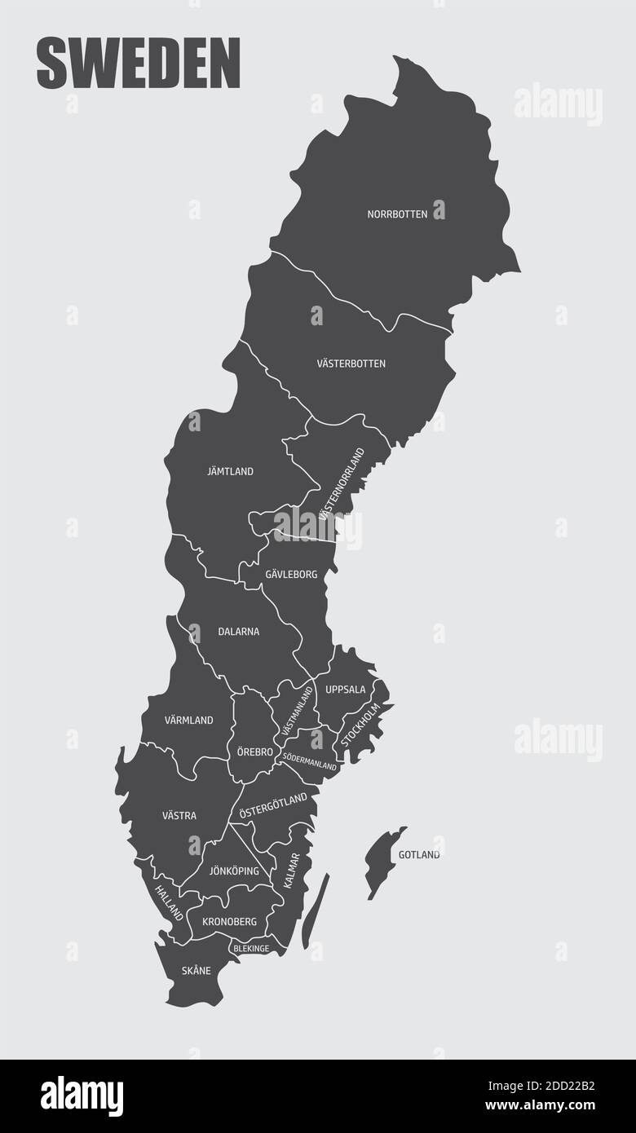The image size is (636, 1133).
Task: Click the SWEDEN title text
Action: tap(139, 64)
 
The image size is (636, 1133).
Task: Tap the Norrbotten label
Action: tap(397, 214)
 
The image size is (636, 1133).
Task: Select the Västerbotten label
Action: tap(351, 364)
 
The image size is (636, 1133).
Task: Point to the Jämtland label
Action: tap(230, 471)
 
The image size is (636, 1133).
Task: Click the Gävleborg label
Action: tap(291, 575)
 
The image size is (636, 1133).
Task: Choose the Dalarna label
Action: tap(239, 631)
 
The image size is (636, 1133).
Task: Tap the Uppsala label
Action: tap(346, 690)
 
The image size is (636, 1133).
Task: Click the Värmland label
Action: tap(188, 721)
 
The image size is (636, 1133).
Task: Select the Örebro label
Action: tap(255, 752)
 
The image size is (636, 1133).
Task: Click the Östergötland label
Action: tap(273, 805)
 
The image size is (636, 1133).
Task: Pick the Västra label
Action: tap(179, 815)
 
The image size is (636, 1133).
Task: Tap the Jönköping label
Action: tap(234, 871)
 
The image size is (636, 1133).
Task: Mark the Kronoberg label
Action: tap(229, 922)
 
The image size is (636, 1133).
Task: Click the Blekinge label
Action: tap(251, 949)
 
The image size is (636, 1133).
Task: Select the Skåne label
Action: tap(197, 971)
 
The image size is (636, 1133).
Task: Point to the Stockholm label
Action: tap(360, 724)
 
